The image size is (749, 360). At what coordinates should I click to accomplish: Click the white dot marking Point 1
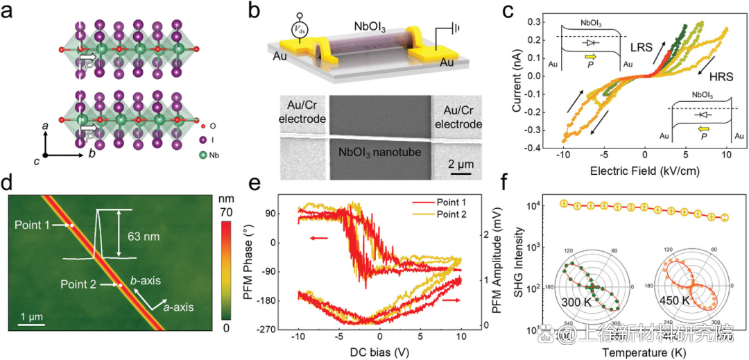[x=71, y=225]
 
